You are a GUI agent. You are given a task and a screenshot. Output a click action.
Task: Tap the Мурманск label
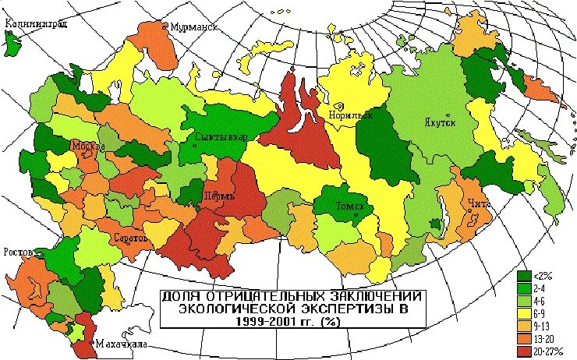click(194, 26)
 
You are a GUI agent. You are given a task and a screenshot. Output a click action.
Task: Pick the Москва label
click(88, 146)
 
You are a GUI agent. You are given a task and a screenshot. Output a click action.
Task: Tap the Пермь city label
click(218, 196)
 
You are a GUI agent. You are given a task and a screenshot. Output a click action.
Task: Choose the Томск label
click(349, 206)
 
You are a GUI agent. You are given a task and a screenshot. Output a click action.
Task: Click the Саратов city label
click(130, 237)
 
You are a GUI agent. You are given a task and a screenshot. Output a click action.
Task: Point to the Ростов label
click(19, 252)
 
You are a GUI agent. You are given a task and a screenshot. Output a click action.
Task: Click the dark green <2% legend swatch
click(525, 276)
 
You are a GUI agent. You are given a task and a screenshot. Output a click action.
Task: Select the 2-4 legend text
click(542, 287)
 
